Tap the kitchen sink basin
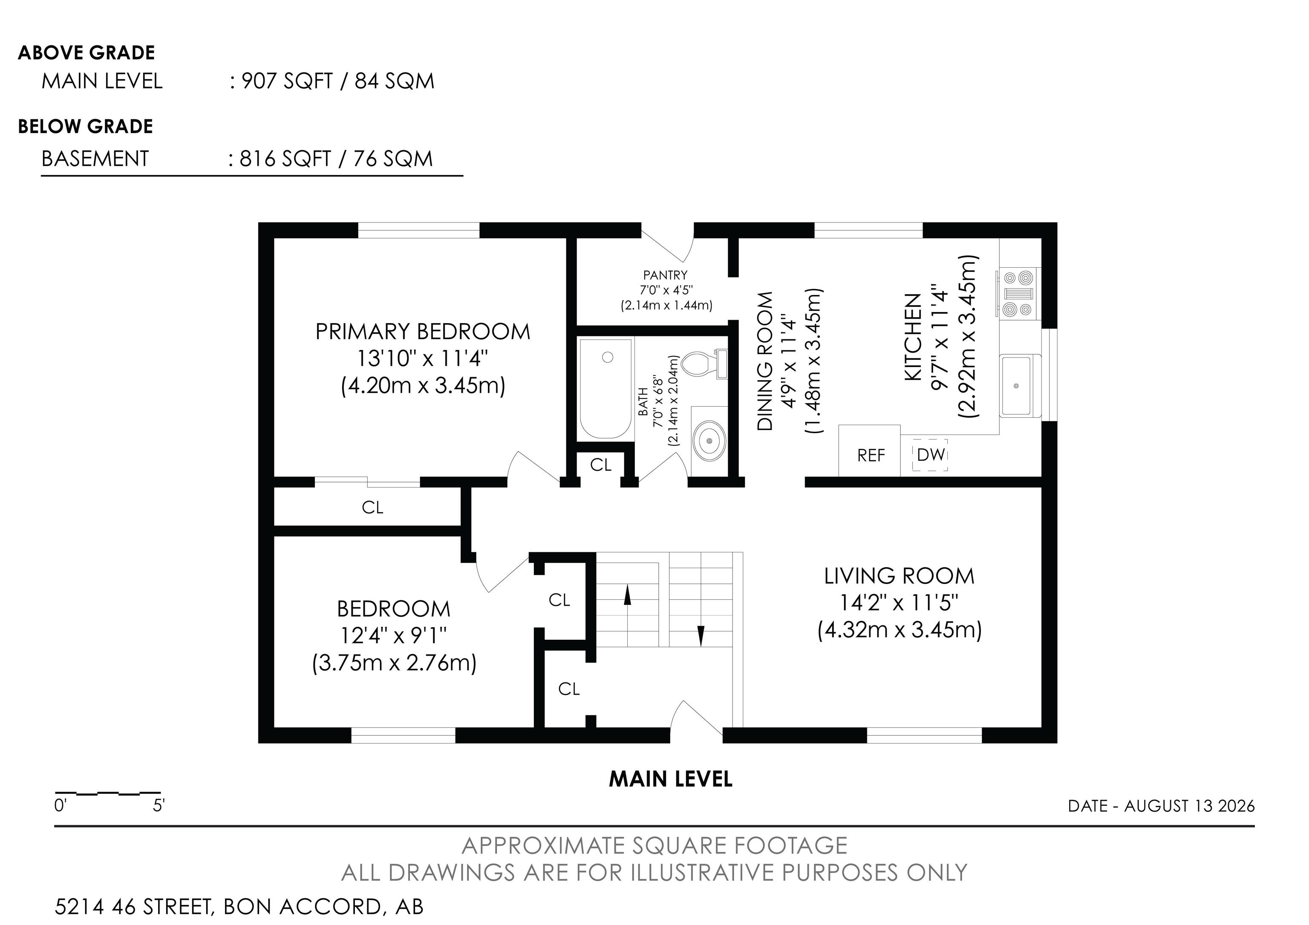pyautogui.click(x=1016, y=385)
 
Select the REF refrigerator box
pyautogui.click(x=869, y=451)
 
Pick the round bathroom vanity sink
pyautogui.click(x=709, y=441)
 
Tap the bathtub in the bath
pyautogui.click(x=605, y=388)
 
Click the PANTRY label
pyautogui.click(x=665, y=275)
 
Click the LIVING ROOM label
pyautogui.click(x=899, y=576)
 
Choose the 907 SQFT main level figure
pyautogui.click(x=287, y=81)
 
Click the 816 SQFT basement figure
pyautogui.click(x=285, y=159)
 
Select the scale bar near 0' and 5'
pyautogui.click(x=108, y=793)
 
